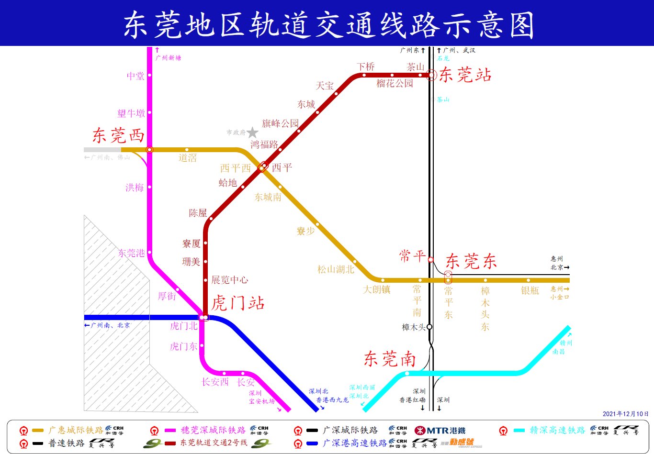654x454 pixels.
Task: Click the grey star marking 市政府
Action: [252, 133]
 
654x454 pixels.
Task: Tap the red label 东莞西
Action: [118, 135]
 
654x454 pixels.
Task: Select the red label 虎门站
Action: [238, 303]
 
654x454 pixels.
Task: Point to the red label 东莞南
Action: [389, 359]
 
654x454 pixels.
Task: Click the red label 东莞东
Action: [471, 261]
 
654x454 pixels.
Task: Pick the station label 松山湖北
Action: [336, 269]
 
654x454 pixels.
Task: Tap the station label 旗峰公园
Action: [280, 123]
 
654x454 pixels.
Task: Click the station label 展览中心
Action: [230, 280]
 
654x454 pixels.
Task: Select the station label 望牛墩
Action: [131, 113]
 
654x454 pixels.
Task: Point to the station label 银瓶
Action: [530, 290]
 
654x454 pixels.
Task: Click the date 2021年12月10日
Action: [625, 414]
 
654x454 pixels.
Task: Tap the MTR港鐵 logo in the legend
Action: [440, 430]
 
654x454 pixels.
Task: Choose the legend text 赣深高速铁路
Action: [557, 430]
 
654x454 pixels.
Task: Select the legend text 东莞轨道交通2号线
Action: [214, 443]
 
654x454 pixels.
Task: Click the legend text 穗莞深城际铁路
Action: [213, 430]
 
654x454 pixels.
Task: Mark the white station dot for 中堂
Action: [149, 75]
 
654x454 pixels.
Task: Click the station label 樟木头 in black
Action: [414, 327]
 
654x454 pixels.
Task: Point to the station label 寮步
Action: [306, 232]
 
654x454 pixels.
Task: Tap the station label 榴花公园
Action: [395, 83]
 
